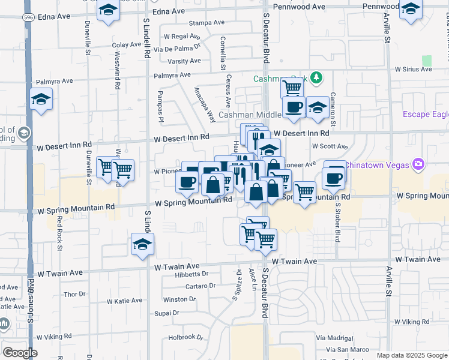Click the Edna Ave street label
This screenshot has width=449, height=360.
coord(169,11)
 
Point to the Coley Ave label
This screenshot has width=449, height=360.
coord(126,45)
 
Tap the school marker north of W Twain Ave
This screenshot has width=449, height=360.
coord(143,244)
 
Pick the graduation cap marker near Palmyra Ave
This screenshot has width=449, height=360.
coord(41,99)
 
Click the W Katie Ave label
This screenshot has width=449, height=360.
coord(124,301)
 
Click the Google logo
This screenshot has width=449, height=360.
coord(20,353)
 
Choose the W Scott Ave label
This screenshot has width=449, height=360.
coord(330,146)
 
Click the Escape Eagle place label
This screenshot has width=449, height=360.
coord(425,115)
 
